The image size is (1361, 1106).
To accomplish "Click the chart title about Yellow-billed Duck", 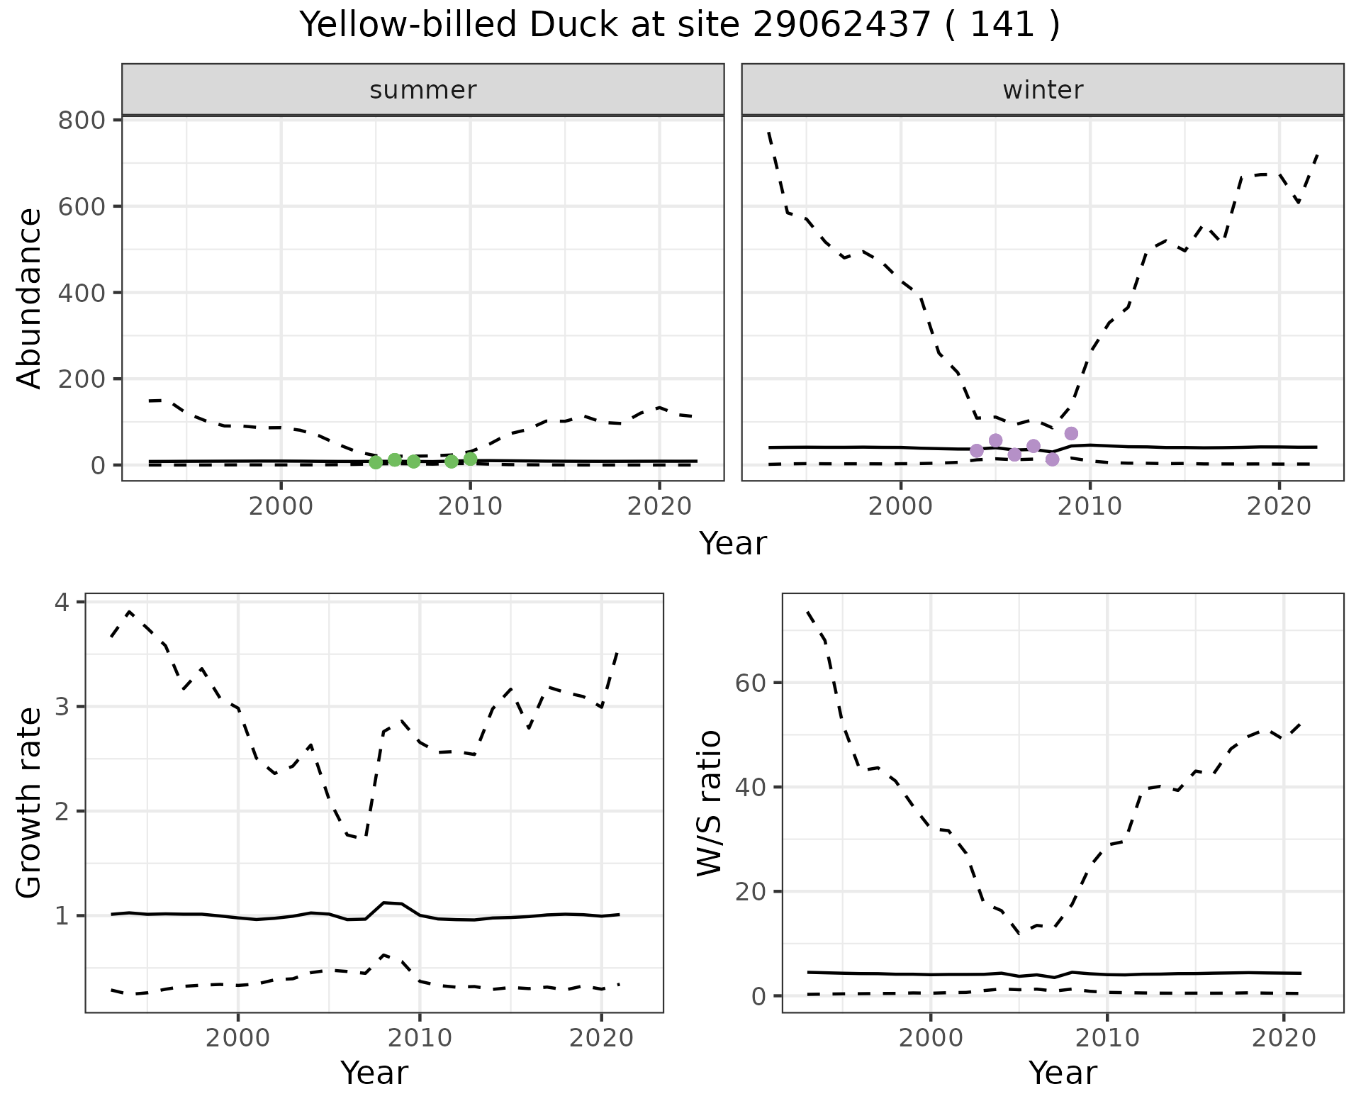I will click(x=680, y=26).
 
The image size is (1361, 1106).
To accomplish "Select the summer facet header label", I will click(x=423, y=90).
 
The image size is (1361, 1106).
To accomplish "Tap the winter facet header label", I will click(x=1043, y=90).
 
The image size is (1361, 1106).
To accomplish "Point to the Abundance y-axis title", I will click(x=30, y=298).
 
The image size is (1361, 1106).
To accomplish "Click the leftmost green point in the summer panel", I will click(x=376, y=462).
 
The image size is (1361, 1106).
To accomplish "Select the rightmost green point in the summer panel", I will click(x=471, y=459).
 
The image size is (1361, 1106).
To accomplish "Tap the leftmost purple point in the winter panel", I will click(x=977, y=450).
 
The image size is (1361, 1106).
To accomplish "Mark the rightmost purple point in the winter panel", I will click(x=1071, y=433).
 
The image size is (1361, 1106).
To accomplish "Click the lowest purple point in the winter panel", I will click(x=1052, y=459).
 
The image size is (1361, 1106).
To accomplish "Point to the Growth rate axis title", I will click(x=30, y=803).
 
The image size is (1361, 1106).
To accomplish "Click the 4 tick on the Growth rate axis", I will click(x=62, y=603).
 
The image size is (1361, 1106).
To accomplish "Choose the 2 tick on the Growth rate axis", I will click(x=62, y=811).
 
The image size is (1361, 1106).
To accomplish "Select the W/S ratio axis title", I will click(x=709, y=803).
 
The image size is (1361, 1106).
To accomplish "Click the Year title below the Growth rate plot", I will click(x=374, y=1073).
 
